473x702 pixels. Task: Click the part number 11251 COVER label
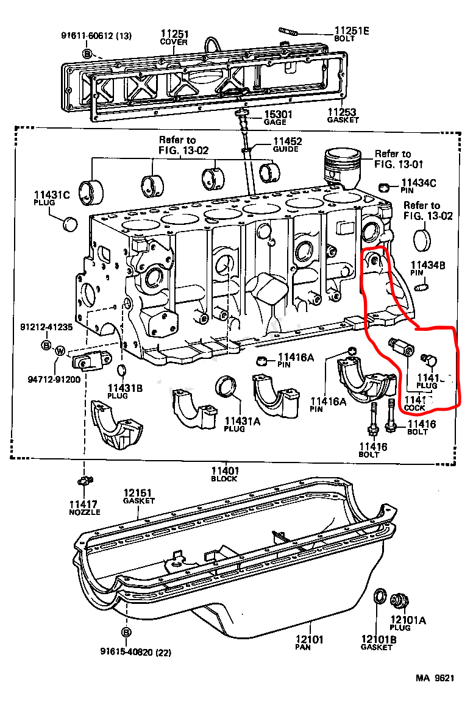coord(174,37)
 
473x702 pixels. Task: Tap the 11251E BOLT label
coord(352,34)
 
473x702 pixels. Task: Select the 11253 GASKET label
coord(342,115)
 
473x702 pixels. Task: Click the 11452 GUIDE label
coord(286,145)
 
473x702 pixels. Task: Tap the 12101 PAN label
coord(311,643)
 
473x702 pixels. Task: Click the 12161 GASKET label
coord(138,496)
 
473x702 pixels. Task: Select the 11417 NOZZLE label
coord(84,508)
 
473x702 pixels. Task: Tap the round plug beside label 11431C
coord(71,224)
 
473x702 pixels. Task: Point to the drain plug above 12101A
coord(399,600)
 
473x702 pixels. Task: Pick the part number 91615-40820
coord(135,652)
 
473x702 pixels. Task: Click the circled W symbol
coord(60,350)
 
